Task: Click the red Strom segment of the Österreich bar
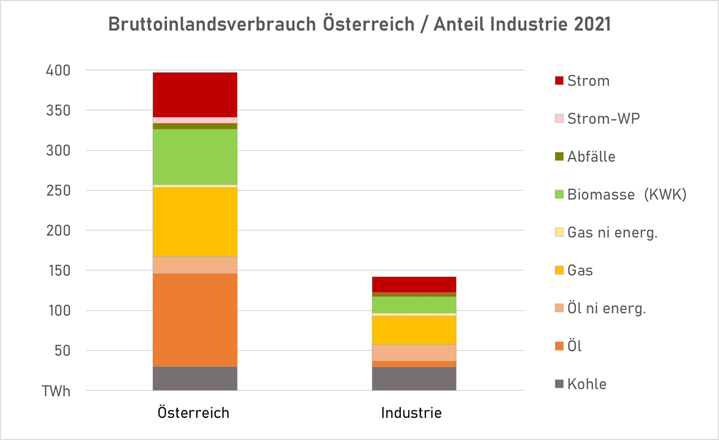pyautogui.click(x=195, y=95)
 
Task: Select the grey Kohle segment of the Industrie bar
pyautogui.click(x=414, y=378)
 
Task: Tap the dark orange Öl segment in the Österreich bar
pyautogui.click(x=195, y=320)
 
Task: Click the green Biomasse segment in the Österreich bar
pyautogui.click(x=195, y=157)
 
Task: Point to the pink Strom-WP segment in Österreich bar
pyautogui.click(x=195, y=120)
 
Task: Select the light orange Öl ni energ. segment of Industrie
pyautogui.click(x=414, y=353)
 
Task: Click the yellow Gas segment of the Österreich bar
pyautogui.click(x=195, y=222)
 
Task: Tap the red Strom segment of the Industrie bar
pyautogui.click(x=414, y=284)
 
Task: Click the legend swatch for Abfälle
pyautogui.click(x=559, y=156)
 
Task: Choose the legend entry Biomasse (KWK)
pyautogui.click(x=626, y=194)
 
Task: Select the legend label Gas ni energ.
pyautogui.click(x=612, y=232)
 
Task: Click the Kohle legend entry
pyautogui.click(x=586, y=384)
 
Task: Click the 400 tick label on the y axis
pyautogui.click(x=58, y=70)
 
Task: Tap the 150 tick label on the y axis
pyautogui.click(x=60, y=271)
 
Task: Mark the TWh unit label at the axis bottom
pyautogui.click(x=56, y=391)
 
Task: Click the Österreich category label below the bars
pyautogui.click(x=193, y=413)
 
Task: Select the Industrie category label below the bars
pyautogui.click(x=411, y=413)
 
